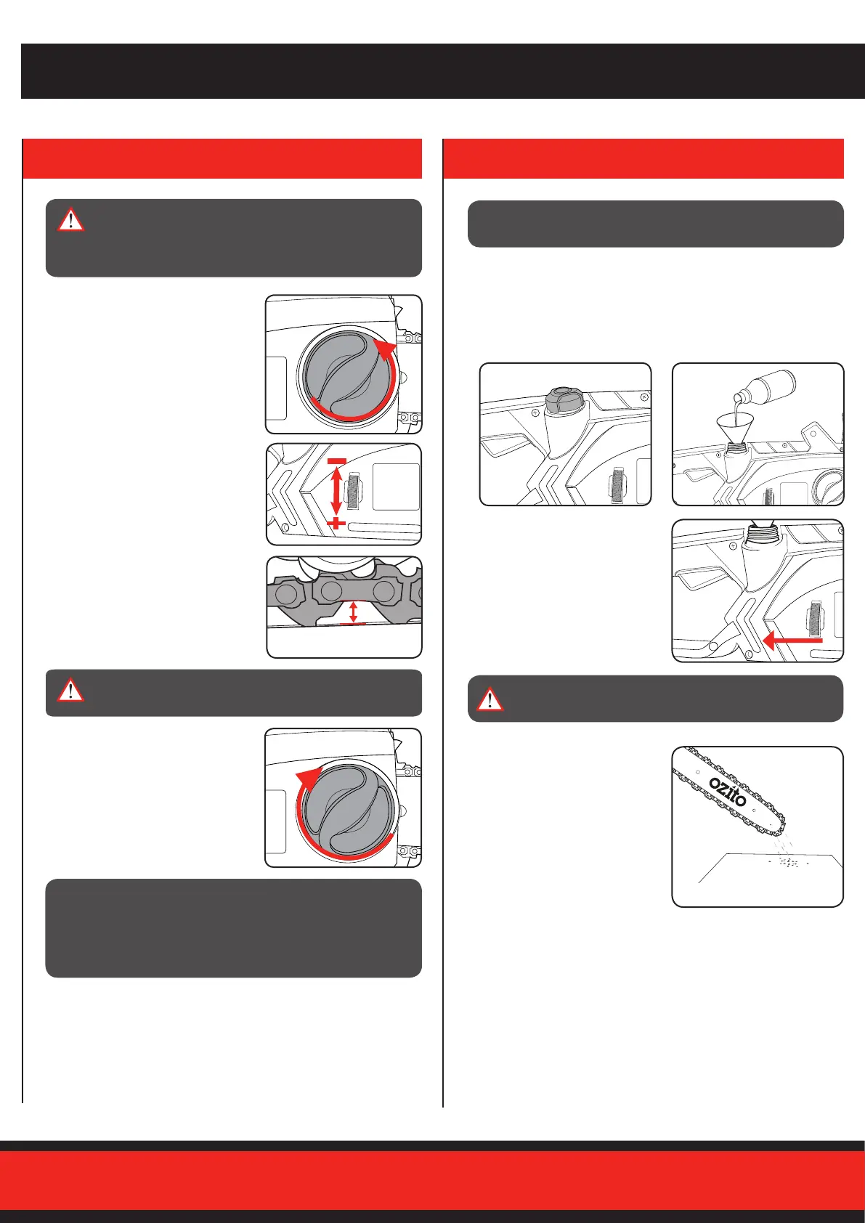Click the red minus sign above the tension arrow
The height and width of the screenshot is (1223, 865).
click(337, 462)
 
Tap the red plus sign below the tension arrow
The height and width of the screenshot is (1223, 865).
click(336, 524)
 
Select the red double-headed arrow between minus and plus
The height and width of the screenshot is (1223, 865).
click(336, 491)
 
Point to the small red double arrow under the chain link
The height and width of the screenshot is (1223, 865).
click(353, 611)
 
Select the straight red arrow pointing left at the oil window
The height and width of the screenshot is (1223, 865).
click(792, 640)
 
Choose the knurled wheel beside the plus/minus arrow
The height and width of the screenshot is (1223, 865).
click(354, 490)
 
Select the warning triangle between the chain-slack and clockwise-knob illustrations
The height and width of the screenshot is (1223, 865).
click(70, 690)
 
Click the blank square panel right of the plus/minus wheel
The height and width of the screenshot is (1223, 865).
click(396, 487)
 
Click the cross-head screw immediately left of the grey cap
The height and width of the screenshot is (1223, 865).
click(535, 413)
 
